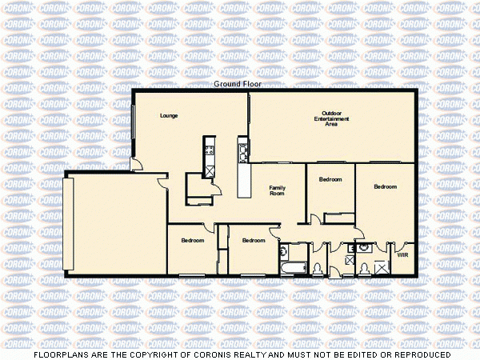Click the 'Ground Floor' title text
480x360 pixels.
[x=238, y=84]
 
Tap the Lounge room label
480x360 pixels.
[x=168, y=116]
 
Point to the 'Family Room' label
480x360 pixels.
[x=277, y=190]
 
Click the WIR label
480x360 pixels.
[x=402, y=255]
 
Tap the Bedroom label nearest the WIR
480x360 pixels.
[x=385, y=186]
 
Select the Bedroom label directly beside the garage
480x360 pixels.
[x=192, y=241]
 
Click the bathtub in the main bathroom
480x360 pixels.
[x=291, y=267]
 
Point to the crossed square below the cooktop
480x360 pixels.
[x=210, y=170]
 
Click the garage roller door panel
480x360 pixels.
[x=70, y=224]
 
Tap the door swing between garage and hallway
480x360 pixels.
[x=162, y=185]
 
